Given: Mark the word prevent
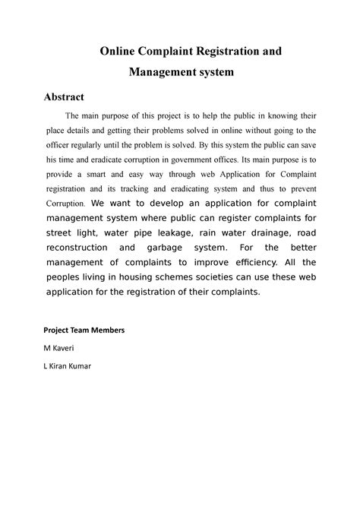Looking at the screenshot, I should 302,188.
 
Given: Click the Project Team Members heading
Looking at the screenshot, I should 84,330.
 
